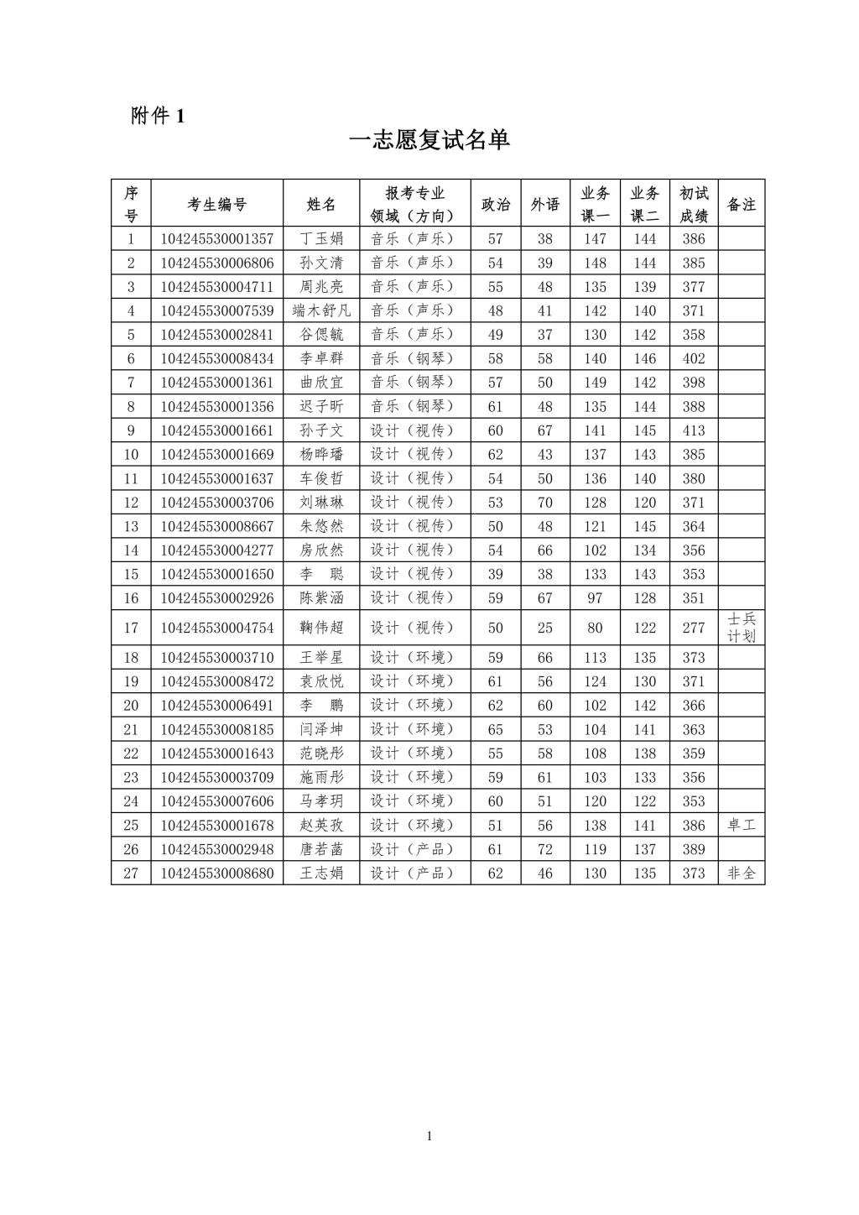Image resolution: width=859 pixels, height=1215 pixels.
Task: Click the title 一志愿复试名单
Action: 429,140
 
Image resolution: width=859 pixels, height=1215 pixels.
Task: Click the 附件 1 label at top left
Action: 158,116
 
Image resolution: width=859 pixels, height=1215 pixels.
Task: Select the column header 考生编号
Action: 216,204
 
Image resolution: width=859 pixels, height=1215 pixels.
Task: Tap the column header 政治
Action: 495,204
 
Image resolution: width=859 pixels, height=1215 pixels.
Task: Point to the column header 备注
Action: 742,204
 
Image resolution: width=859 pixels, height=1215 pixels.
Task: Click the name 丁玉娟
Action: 321,239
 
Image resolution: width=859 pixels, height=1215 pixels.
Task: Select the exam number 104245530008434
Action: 216,359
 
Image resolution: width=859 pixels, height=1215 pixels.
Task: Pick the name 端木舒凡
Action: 321,310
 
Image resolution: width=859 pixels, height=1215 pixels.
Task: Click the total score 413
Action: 694,430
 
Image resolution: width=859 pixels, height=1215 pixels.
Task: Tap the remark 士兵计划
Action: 742,628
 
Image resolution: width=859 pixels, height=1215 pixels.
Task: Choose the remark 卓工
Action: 742,826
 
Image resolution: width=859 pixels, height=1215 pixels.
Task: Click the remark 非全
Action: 742,873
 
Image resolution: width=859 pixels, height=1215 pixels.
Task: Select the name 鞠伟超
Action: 321,628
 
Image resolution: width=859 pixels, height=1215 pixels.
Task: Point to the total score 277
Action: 694,628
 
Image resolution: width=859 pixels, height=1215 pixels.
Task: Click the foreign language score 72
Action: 545,849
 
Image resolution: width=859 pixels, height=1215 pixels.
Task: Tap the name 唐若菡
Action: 321,849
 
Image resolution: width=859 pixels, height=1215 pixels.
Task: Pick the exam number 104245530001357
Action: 216,239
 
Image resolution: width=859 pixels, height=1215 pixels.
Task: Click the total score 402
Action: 694,359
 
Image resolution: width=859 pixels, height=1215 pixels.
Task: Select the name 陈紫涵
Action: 321,598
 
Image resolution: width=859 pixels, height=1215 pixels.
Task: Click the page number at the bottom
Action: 429,1136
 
